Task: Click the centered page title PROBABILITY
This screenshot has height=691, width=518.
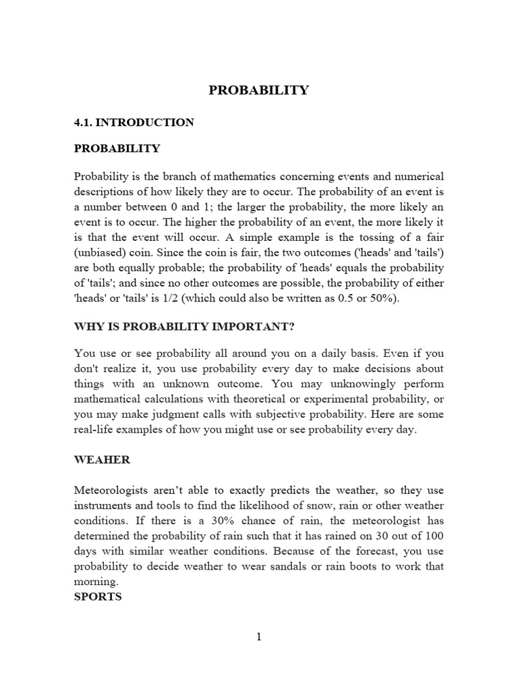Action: (x=258, y=90)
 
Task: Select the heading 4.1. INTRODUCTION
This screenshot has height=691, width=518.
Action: (x=134, y=122)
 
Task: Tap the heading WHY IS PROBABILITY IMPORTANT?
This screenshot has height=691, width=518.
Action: (x=184, y=327)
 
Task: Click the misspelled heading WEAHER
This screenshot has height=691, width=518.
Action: (x=102, y=460)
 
